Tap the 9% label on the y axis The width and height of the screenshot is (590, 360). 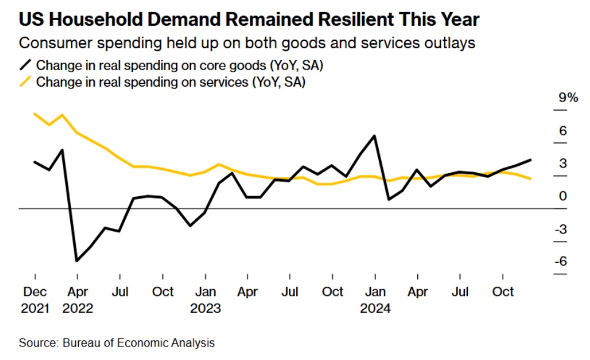tap(568, 98)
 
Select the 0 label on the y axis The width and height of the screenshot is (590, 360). tap(563, 196)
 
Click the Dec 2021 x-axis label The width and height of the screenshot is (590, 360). tap(35, 299)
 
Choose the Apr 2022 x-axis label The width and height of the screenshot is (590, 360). tap(78, 299)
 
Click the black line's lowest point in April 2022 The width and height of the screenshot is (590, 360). tap(77, 261)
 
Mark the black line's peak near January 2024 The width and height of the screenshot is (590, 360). tap(374, 136)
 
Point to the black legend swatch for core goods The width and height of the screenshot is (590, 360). tap(25, 65)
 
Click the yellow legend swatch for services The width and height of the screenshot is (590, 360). tap(25, 82)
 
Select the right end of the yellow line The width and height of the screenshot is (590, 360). tap(530, 178)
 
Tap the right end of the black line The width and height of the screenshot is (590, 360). tap(530, 160)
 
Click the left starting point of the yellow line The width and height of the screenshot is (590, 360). tap(35, 114)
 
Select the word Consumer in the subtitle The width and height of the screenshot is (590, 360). tap(48, 44)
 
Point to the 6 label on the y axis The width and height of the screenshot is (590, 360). tap(563, 131)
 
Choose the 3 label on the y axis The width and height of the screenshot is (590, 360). tap(563, 163)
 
